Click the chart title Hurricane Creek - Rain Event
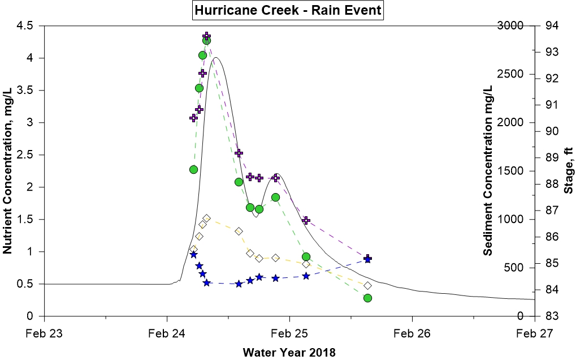(x=288, y=10)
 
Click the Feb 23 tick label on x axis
(x=44, y=333)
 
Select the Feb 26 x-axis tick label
(x=412, y=333)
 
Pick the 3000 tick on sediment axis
(x=509, y=26)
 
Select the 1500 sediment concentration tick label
(x=509, y=171)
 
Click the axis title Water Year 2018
(x=289, y=353)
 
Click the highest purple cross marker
(x=207, y=36)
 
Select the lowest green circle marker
(x=367, y=298)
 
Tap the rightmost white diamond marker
(x=367, y=286)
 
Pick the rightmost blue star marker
(x=367, y=259)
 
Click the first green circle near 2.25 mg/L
(x=193, y=170)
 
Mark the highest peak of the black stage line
(x=215, y=57)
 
